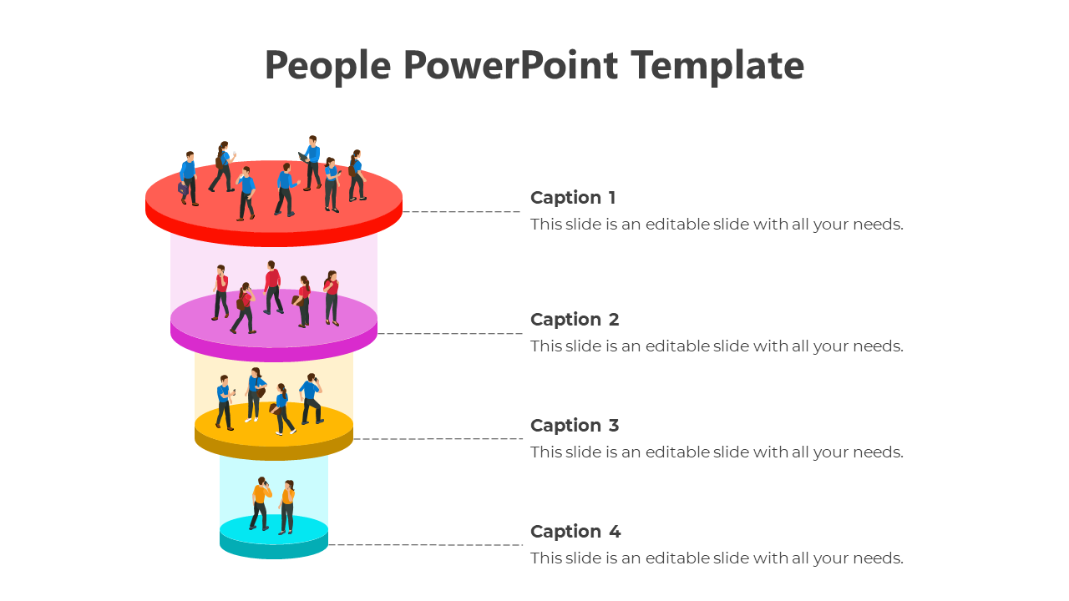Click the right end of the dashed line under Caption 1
click(x=519, y=211)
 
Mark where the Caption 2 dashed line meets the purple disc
click(x=377, y=333)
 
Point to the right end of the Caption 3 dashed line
click(x=523, y=438)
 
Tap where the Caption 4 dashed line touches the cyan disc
click(x=328, y=544)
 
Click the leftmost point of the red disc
click(x=145, y=203)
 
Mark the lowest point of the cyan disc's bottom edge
click(x=274, y=558)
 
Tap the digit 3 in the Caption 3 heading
click(x=613, y=426)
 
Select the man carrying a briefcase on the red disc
click(x=188, y=179)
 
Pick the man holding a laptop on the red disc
click(x=311, y=163)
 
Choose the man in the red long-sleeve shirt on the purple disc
click(x=273, y=288)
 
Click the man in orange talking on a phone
click(x=261, y=503)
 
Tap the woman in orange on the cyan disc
click(x=286, y=507)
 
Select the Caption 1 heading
click(x=573, y=198)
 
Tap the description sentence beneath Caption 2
click(x=717, y=346)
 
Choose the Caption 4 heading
click(x=575, y=532)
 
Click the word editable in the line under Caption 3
click(x=676, y=452)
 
